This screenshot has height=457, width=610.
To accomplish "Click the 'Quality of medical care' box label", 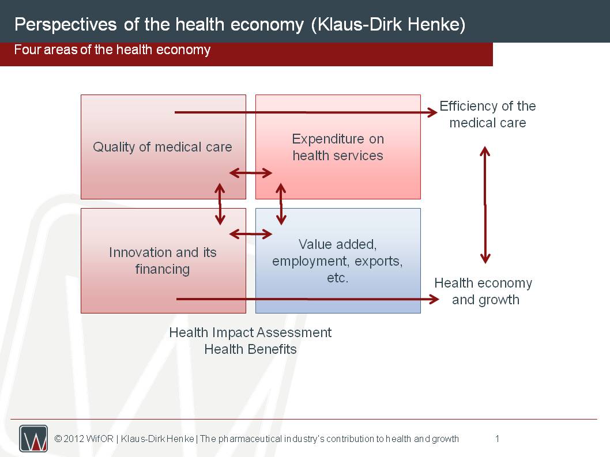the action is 162,147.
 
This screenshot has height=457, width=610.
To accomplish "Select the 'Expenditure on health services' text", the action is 338,147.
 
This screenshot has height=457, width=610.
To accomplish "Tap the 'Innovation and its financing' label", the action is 163,260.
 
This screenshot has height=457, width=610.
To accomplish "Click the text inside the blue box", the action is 337,260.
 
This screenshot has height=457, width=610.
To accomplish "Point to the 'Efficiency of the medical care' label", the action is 487,114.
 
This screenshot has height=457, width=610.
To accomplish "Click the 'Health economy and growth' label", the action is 483,291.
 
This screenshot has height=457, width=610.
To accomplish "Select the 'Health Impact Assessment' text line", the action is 250,333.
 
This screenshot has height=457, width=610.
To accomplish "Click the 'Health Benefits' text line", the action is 250,349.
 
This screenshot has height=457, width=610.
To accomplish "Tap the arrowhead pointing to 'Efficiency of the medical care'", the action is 432,112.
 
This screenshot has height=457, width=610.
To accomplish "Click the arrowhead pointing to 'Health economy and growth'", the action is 434,299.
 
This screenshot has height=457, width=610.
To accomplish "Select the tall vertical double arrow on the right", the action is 485,205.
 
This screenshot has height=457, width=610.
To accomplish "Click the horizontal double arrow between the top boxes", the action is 251,173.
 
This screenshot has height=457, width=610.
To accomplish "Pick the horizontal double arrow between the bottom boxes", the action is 251,234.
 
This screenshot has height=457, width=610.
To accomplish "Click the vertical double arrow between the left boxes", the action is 220,204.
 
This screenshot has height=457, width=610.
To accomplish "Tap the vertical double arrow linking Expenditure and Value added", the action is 281,204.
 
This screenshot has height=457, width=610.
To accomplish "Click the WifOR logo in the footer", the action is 33,439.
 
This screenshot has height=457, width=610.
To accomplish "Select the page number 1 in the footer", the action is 497,439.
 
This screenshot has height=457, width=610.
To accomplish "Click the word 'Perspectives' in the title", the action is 65,25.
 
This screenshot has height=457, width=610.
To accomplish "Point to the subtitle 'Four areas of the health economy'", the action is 112,50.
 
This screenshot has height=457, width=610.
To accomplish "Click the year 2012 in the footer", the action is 74,439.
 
